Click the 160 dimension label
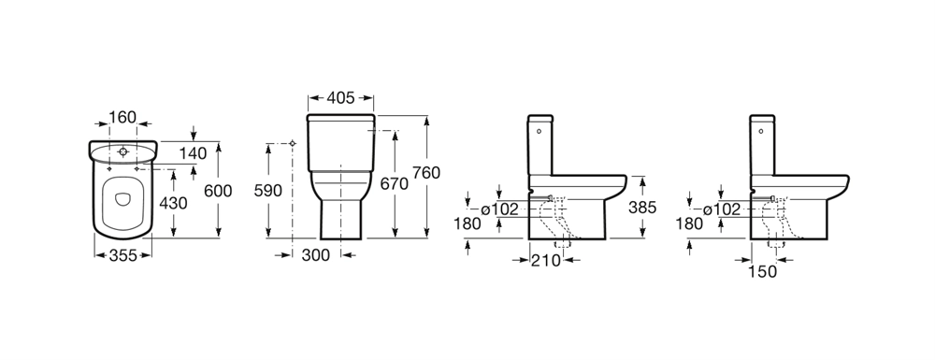click(122, 118)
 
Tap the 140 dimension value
click(194, 153)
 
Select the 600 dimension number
click(218, 192)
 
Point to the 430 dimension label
click(173, 203)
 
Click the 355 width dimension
click(122, 255)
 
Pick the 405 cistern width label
click(340, 98)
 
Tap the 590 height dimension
click(268, 191)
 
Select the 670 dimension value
click(395, 183)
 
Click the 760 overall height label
click(426, 173)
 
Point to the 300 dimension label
click(315, 255)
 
